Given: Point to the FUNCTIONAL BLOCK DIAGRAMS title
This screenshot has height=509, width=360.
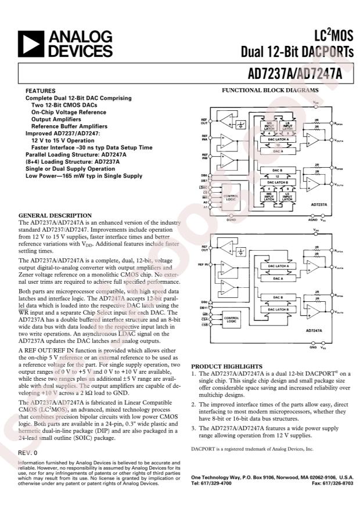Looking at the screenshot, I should (271, 91).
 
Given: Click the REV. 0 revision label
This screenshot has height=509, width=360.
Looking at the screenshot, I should (27, 451).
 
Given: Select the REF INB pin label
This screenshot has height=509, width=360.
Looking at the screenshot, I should (204, 157).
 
